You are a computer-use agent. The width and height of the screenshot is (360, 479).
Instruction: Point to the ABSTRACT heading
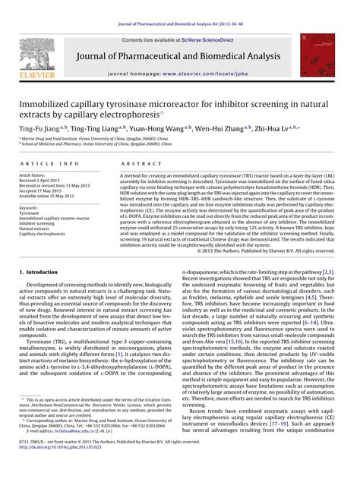[135, 164]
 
